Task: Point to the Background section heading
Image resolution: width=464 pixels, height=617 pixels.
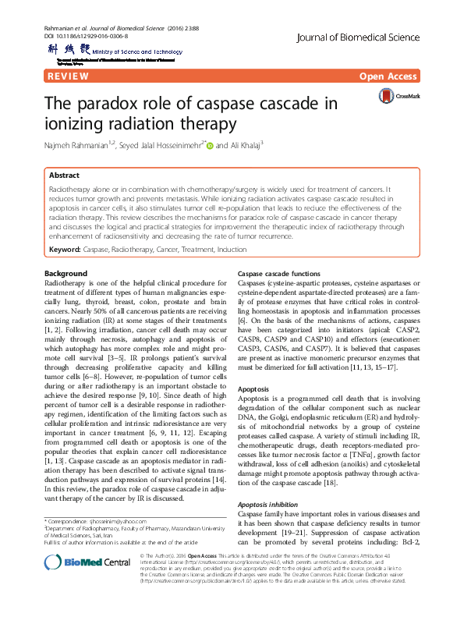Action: tap(66, 274)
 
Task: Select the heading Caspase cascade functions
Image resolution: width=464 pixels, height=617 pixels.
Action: tap(278, 275)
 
